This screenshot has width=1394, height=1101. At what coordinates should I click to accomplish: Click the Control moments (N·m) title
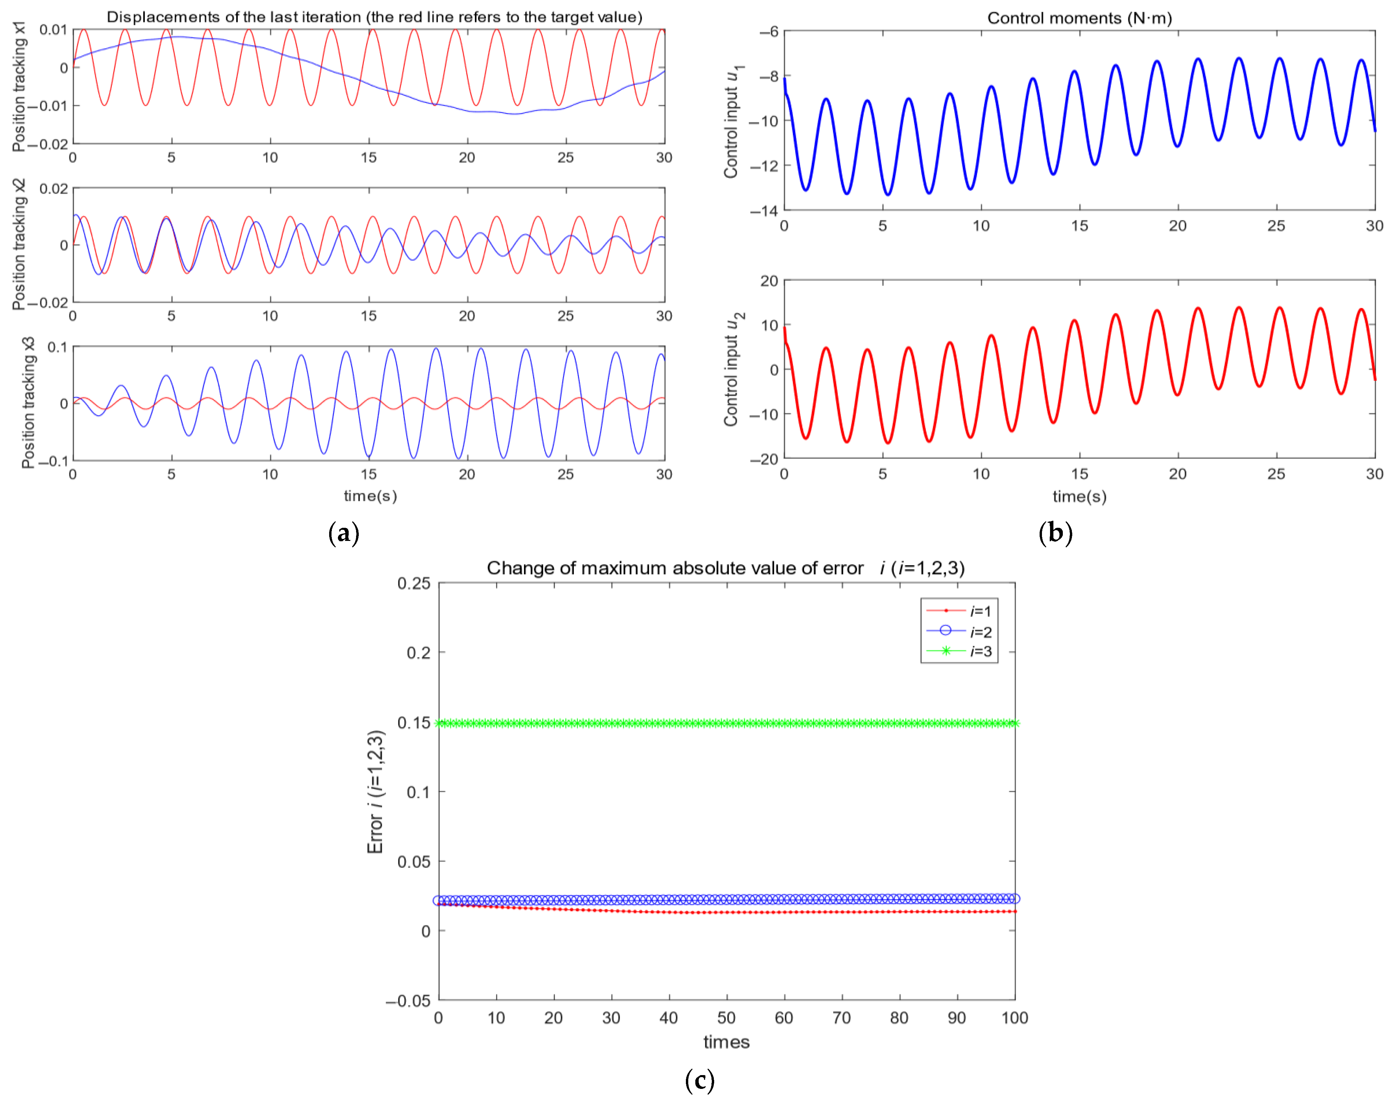1079,18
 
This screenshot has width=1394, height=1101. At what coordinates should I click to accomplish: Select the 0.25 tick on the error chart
413,583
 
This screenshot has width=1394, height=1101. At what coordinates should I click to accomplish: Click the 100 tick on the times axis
1014,1018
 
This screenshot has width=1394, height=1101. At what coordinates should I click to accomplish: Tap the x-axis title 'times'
726,1042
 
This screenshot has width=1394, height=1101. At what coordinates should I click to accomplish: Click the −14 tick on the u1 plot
764,211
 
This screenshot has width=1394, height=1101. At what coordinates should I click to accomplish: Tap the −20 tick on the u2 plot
764,459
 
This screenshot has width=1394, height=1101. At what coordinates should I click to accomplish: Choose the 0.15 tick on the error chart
413,723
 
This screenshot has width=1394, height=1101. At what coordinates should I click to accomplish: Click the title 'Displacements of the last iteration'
374,17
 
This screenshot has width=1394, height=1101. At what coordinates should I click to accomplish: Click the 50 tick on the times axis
726,1018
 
